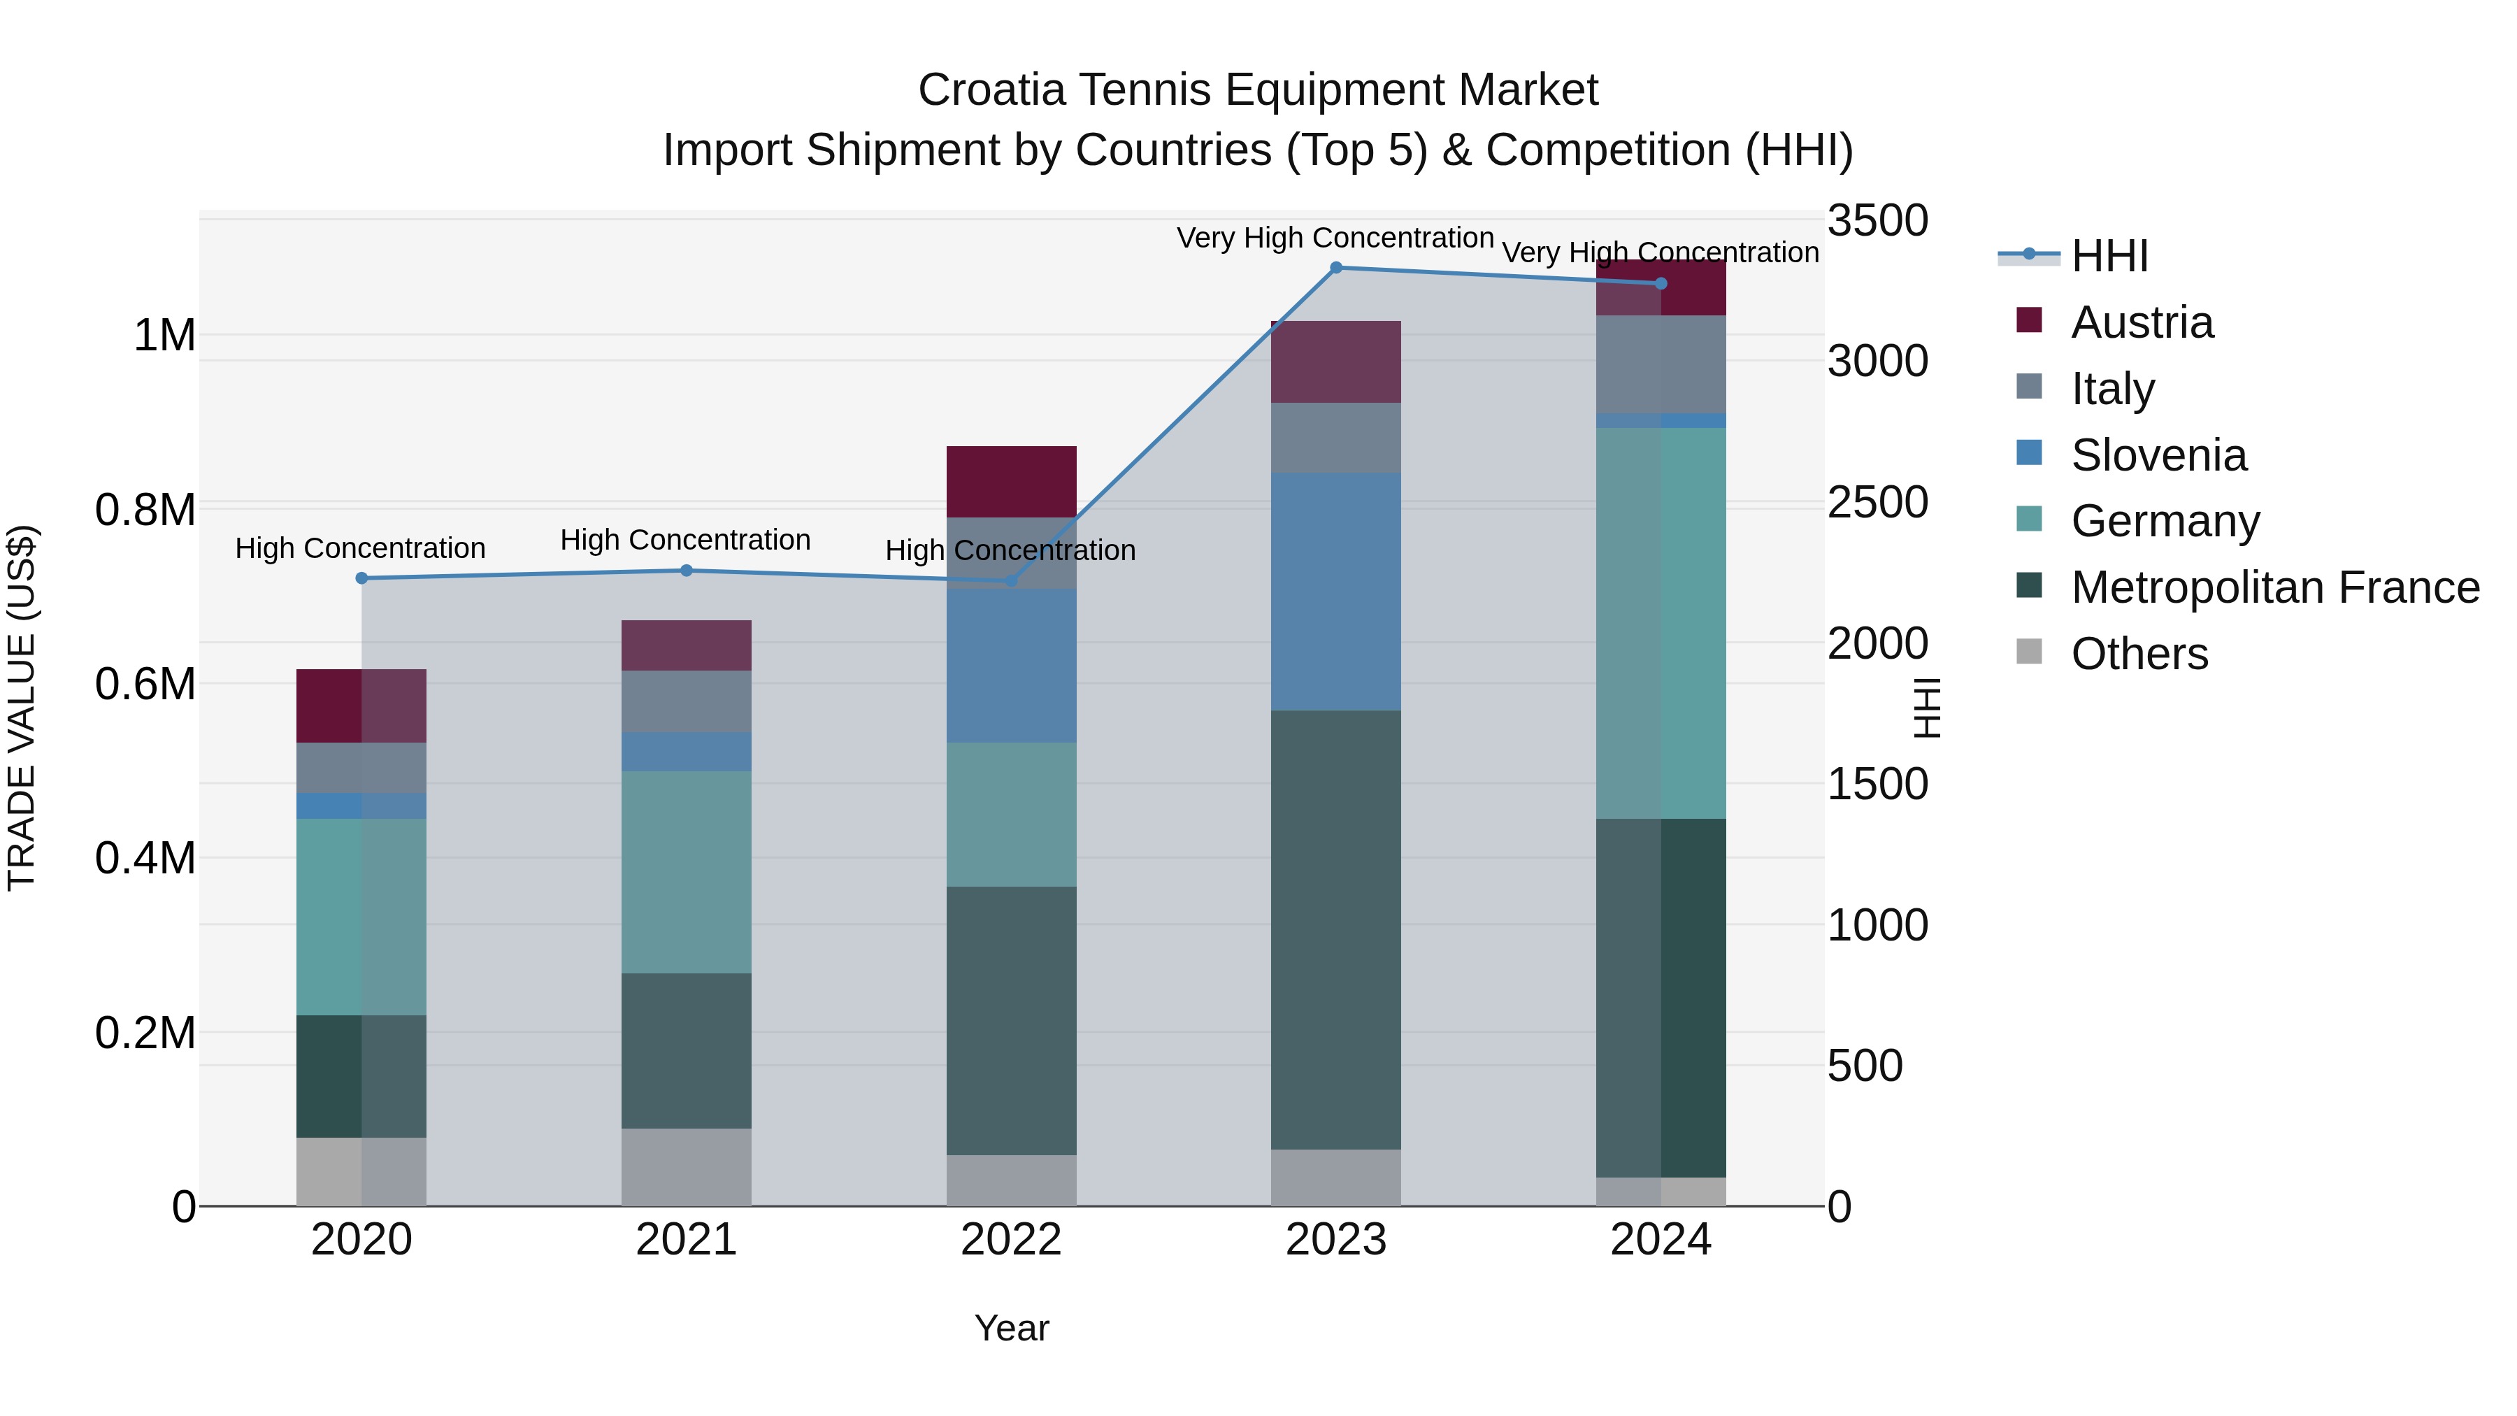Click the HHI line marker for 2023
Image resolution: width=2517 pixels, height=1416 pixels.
pos(1335,267)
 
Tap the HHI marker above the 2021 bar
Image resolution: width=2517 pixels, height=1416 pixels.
pos(686,571)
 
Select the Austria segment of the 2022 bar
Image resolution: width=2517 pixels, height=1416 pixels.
pos(1011,482)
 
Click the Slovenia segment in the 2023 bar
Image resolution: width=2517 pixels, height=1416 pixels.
pos(1335,591)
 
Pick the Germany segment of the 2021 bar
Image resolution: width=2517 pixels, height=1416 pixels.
pos(686,872)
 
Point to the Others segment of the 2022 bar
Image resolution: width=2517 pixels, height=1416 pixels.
pos(1011,1180)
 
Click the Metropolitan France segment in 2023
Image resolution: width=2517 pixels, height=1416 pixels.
pos(1335,929)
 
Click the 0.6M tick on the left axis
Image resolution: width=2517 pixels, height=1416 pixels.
pos(145,684)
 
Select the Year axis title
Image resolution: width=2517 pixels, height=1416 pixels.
pos(1011,1328)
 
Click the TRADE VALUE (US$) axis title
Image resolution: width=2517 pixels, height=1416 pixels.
pos(22,708)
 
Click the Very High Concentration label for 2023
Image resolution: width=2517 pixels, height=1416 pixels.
pos(1335,238)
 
